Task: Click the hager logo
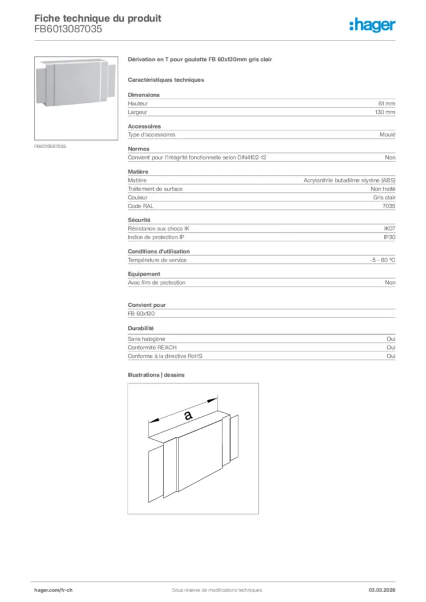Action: (372, 24)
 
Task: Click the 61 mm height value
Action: (387, 103)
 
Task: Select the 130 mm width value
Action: (385, 112)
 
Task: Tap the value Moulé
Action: (388, 135)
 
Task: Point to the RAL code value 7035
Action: (389, 206)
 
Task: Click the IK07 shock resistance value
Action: (390, 229)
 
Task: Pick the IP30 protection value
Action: (390, 238)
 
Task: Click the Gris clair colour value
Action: (384, 198)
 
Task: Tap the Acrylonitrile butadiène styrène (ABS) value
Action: (350, 180)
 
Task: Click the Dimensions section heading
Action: (144, 95)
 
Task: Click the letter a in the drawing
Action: (188, 415)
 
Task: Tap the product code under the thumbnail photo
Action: (50, 146)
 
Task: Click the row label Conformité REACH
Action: (152, 347)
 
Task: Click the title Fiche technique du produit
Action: (98, 18)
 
